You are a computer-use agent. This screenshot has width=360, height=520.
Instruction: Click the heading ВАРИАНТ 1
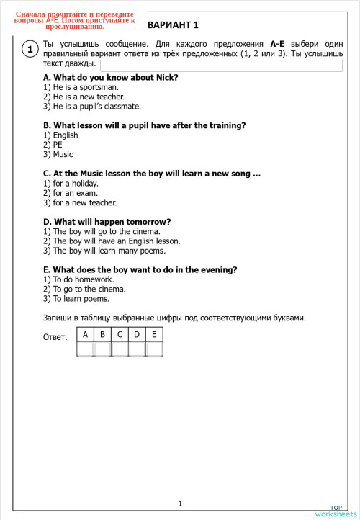point(172,25)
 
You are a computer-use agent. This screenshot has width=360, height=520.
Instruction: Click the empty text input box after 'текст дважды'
point(221,65)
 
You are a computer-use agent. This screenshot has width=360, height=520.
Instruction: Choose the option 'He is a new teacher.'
point(73,97)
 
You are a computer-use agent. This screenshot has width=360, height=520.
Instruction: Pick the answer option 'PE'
point(53,144)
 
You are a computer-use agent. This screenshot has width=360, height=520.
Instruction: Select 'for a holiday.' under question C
point(71,183)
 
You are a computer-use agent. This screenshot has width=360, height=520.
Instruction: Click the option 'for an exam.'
point(69,193)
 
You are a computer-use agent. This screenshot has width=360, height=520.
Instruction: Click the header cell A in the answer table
point(85,335)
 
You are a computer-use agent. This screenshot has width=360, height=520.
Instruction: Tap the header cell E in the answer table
point(154,335)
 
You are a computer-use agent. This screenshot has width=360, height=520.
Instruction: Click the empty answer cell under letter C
point(120,349)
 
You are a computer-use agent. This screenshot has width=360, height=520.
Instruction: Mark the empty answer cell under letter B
point(102,349)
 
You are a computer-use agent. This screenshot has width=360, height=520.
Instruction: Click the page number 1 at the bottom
point(180,503)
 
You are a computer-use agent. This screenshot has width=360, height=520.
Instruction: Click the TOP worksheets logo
point(335,511)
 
